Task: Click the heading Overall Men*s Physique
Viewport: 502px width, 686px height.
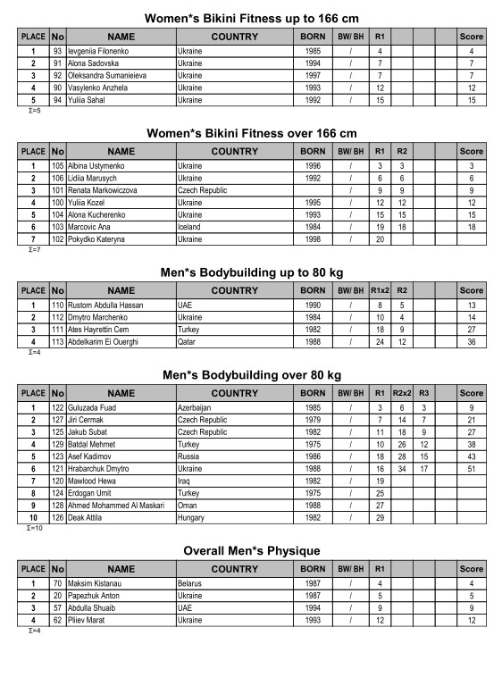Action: (x=251, y=550)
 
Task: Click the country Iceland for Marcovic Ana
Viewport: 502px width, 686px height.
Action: (x=191, y=227)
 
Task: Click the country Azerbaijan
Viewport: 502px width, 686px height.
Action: (x=197, y=408)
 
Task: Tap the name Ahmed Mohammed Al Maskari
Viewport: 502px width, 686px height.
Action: (x=121, y=505)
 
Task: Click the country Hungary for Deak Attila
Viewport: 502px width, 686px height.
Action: (x=192, y=517)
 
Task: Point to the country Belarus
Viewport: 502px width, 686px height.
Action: (x=192, y=583)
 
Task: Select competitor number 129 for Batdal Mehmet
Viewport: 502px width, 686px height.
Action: (x=58, y=444)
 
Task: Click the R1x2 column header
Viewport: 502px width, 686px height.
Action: (x=380, y=290)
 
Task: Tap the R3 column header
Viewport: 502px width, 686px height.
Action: (x=424, y=394)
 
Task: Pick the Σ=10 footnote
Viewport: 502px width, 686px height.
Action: (x=35, y=528)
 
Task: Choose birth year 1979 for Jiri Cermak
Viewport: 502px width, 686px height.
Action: (x=313, y=420)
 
